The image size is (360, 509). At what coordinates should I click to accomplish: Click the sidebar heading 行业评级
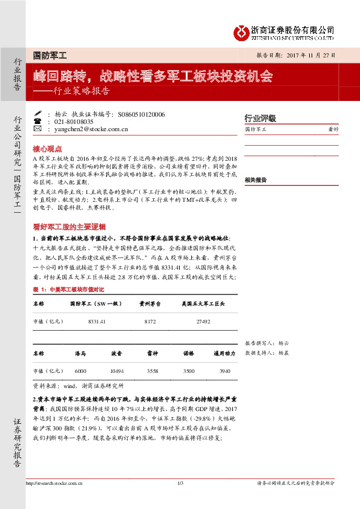click(260, 118)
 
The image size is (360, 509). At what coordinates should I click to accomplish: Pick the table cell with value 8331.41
click(97, 322)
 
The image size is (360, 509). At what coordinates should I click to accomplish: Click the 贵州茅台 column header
click(149, 304)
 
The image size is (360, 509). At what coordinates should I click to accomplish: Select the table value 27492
click(203, 322)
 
